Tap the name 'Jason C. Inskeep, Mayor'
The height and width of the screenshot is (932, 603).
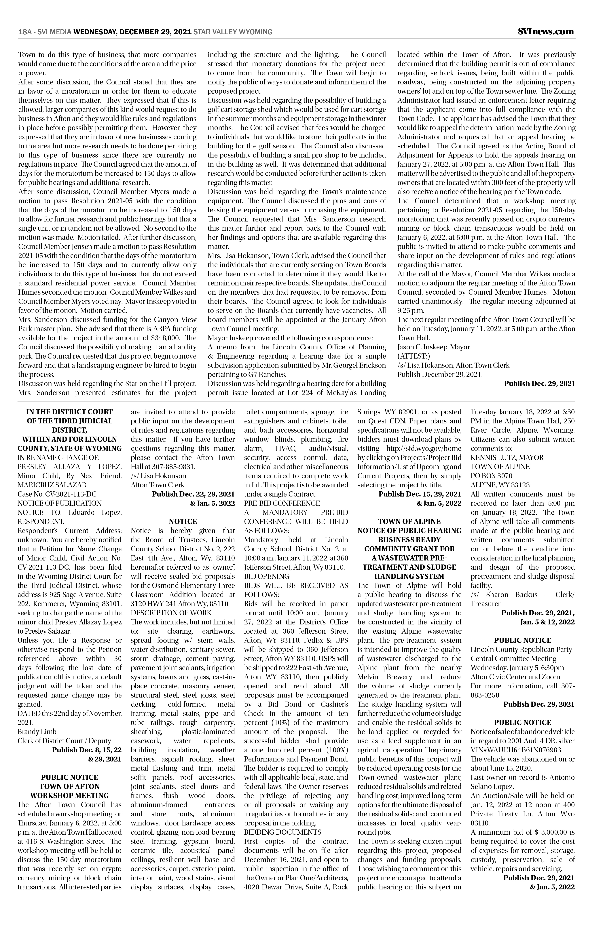tap(433, 347)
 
